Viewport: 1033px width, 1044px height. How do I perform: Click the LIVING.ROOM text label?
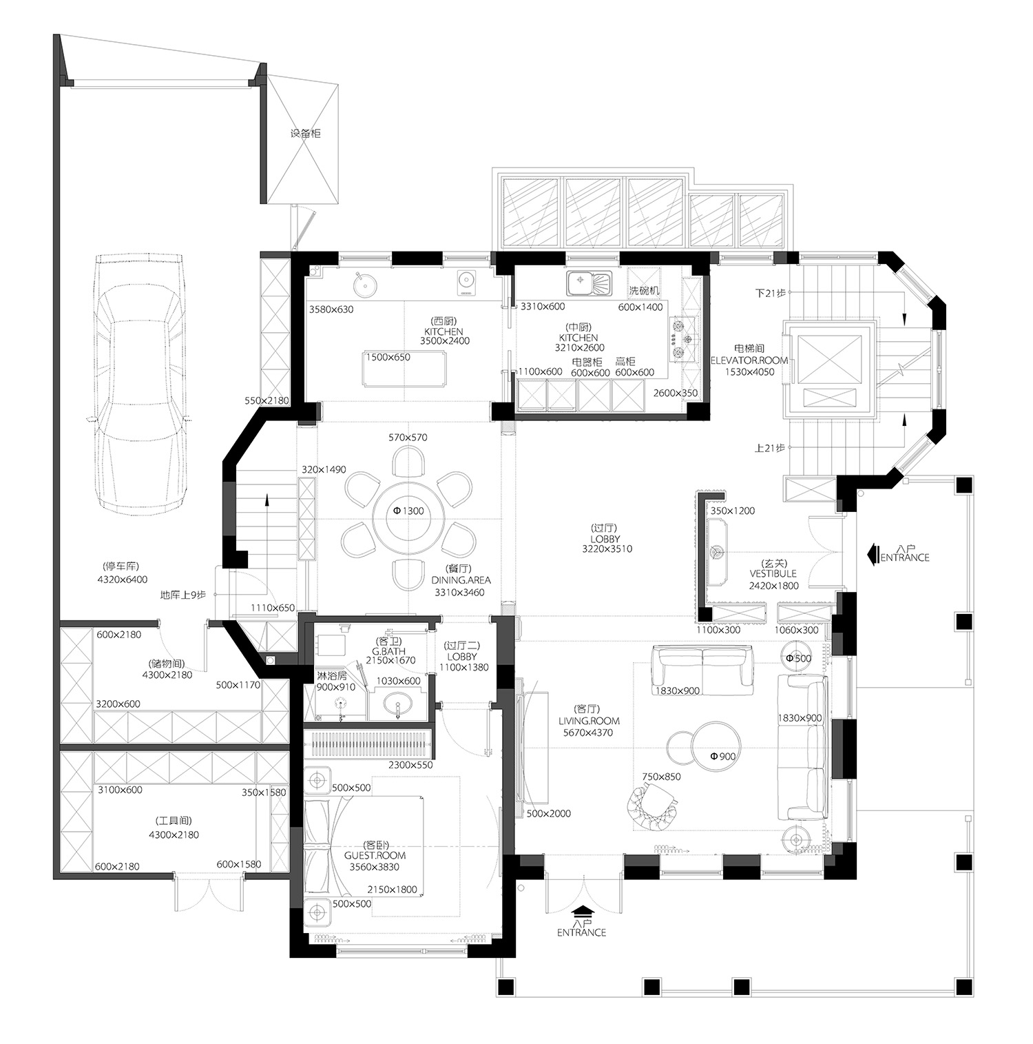[x=589, y=721]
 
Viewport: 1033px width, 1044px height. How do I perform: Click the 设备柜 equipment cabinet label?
[x=305, y=133]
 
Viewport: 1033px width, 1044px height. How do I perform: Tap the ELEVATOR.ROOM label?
[x=749, y=360]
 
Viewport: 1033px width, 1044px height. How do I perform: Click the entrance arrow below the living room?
[x=582, y=912]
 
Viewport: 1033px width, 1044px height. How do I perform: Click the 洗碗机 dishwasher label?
[x=644, y=290]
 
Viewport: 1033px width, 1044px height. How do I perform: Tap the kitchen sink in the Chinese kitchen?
[x=589, y=283]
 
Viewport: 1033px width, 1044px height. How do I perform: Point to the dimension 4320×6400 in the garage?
[x=123, y=580]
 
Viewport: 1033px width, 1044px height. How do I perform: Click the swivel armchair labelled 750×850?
[x=652, y=808]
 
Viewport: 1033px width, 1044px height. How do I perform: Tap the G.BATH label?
[x=388, y=651]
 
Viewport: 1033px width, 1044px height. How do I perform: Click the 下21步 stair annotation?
[x=770, y=293]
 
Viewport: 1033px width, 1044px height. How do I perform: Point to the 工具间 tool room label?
[x=174, y=821]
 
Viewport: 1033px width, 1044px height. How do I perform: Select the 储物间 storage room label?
[x=167, y=664]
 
